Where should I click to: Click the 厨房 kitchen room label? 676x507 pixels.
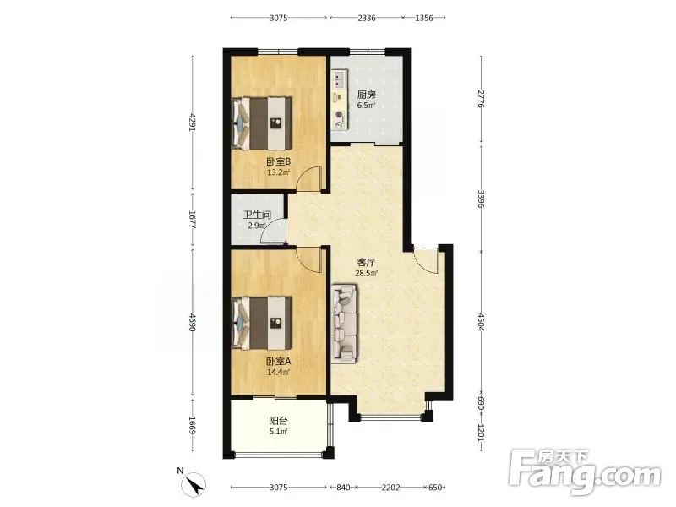[366, 95]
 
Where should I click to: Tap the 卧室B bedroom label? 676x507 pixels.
[279, 162]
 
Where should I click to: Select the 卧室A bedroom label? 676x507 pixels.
[279, 362]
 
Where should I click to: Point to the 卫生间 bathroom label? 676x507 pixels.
[257, 215]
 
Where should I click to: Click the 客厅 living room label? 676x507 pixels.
[366, 262]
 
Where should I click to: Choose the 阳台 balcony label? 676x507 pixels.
[279, 421]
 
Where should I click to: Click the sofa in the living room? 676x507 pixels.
[345, 324]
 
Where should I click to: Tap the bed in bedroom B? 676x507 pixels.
[262, 123]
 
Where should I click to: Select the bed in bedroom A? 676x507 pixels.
[262, 322]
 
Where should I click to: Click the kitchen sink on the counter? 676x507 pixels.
[339, 79]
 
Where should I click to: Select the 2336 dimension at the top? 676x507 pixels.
[366, 18]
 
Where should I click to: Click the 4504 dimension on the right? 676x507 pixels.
[482, 322]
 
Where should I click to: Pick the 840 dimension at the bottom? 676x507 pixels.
[343, 488]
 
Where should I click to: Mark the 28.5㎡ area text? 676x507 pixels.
[366, 273]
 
